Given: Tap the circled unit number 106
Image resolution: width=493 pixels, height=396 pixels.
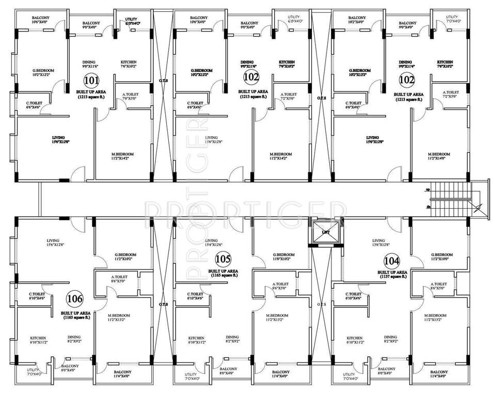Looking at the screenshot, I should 74,299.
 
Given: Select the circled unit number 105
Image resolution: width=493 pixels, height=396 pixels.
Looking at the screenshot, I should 223,259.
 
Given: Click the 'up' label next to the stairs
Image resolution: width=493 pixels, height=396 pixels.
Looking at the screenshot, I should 428,189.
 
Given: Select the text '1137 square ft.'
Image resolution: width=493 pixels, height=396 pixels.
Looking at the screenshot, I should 392,276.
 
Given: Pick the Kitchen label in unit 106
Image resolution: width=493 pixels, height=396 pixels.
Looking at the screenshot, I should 38,338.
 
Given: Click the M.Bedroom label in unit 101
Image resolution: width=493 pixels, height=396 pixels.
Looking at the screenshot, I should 123,154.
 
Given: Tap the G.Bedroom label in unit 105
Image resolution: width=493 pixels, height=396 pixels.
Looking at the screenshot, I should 283,255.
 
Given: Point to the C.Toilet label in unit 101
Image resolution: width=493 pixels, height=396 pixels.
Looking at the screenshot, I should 35,103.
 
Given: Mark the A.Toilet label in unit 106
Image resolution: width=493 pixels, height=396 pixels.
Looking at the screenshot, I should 119,277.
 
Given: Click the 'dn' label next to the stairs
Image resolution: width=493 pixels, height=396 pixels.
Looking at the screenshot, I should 428,206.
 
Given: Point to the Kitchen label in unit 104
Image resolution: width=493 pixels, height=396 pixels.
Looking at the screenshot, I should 355,338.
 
